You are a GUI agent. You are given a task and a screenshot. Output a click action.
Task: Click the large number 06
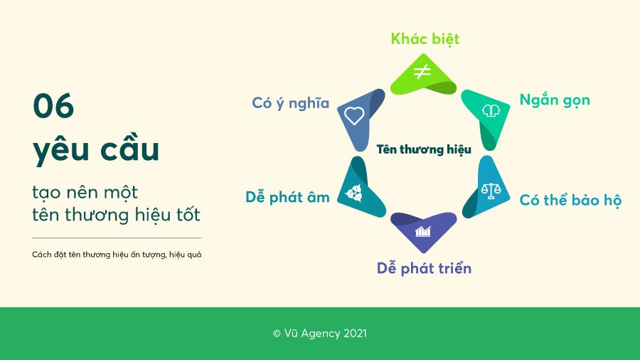[53, 106]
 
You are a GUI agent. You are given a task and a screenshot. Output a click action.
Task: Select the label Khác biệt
[425, 39]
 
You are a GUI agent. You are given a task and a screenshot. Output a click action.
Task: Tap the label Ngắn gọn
[555, 100]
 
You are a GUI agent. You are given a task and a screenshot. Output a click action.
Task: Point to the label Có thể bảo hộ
[570, 201]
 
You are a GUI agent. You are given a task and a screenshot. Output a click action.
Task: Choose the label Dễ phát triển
[424, 268]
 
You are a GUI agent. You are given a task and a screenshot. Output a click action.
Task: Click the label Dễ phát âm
[287, 198]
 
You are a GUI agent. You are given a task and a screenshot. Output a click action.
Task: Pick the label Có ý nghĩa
[290, 103]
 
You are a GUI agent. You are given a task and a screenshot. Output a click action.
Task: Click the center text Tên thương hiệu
[424, 149]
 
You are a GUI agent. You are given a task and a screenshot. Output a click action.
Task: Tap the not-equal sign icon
[422, 72]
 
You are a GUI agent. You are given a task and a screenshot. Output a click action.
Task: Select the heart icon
[354, 115]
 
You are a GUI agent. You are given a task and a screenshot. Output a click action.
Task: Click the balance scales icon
[491, 190]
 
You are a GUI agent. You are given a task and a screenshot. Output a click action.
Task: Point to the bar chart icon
[423, 231]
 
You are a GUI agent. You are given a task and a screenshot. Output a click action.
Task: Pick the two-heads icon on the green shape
[491, 110]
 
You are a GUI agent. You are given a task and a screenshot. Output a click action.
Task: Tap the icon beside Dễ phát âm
[353, 193]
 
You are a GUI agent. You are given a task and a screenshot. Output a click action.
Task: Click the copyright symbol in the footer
[277, 334]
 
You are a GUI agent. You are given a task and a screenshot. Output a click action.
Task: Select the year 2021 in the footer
[355, 334]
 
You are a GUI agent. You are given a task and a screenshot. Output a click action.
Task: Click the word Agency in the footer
[321, 334]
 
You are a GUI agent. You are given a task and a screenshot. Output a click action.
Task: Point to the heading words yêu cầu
[96, 150]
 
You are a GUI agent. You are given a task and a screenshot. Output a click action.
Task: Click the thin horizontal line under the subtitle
[117, 238]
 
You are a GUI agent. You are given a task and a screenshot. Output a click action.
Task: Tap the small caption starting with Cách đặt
[117, 255]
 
